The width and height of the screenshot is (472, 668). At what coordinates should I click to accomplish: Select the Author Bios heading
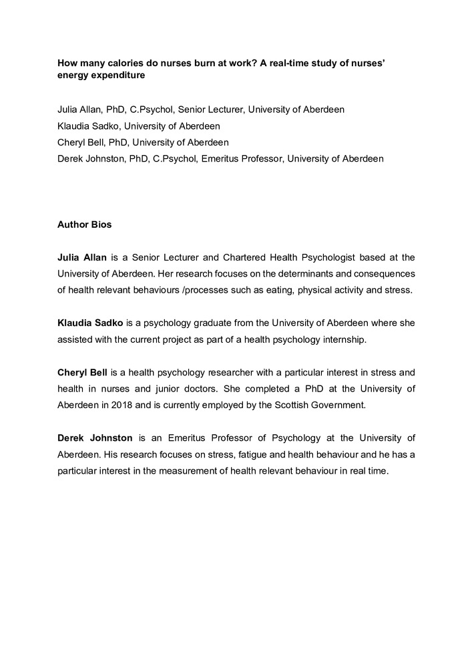[x=85, y=224]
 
